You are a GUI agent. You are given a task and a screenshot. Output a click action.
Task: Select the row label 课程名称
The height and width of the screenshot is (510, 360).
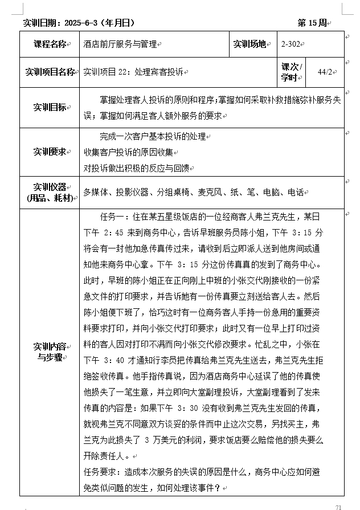click(x=50, y=44)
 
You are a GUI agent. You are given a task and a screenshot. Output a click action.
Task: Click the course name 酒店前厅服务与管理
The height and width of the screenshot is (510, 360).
click(x=120, y=44)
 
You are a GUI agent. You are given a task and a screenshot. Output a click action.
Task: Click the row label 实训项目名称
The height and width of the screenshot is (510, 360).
click(x=50, y=72)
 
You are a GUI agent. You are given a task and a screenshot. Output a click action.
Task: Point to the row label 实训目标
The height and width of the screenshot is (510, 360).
click(x=50, y=107)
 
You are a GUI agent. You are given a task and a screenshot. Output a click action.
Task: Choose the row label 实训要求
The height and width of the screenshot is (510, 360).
click(x=50, y=152)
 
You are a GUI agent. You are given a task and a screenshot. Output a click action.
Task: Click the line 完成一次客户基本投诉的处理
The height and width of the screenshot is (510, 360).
click(x=152, y=137)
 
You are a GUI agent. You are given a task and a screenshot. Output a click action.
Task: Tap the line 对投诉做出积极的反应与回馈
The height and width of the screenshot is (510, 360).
click(x=136, y=168)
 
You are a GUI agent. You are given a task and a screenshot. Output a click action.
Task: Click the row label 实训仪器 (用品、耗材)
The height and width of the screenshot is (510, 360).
click(x=50, y=192)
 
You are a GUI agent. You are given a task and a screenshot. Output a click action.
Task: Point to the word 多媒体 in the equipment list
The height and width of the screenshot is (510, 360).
click(x=96, y=193)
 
